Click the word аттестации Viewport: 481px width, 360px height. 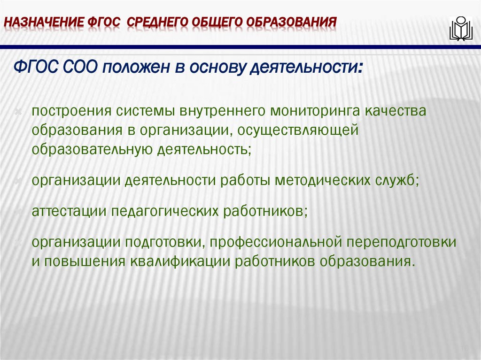[68, 212]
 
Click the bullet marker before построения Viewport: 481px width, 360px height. [18, 113]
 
